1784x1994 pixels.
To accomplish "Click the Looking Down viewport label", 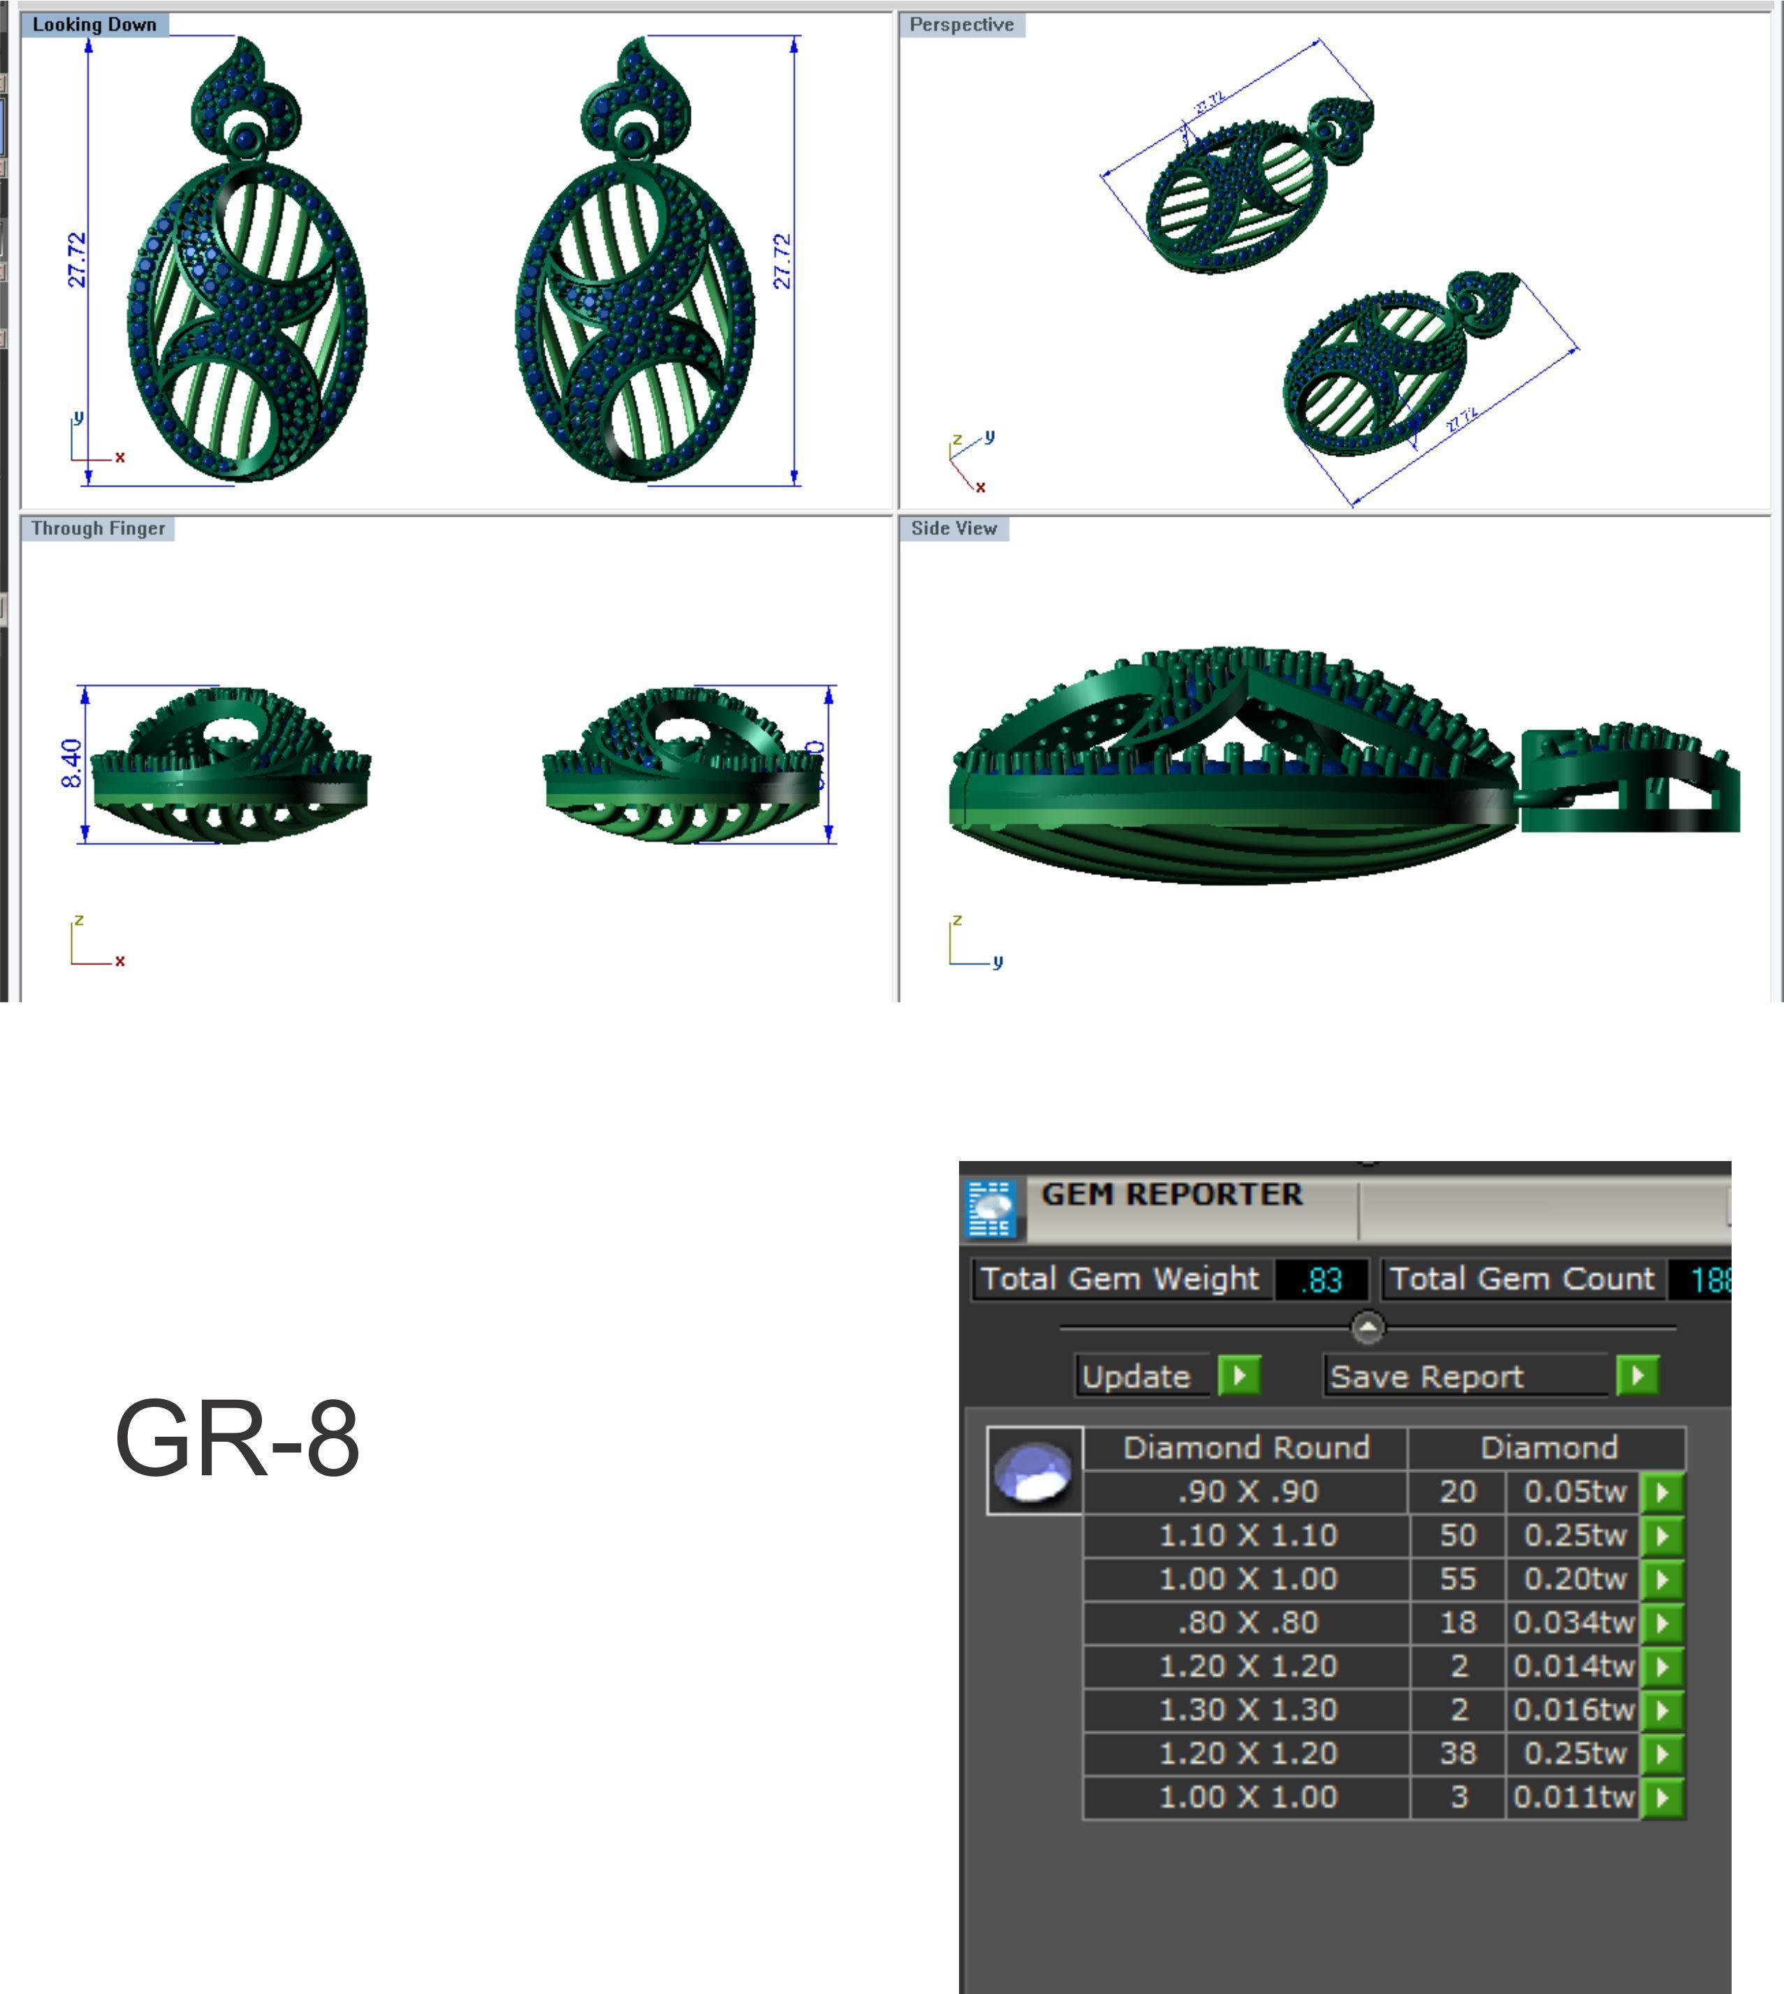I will [94, 24].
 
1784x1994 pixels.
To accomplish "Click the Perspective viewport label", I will [962, 24].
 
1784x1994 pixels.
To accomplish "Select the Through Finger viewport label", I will [97, 528].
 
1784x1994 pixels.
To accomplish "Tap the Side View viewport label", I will [953, 528].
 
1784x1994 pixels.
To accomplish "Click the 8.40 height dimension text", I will [71, 763].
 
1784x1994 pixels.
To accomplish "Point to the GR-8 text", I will [237, 1438].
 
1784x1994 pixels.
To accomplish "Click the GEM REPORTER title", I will [1171, 1195].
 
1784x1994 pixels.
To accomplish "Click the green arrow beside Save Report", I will [1637, 1375].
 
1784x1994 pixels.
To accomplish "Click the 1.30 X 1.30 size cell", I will [1247, 1709].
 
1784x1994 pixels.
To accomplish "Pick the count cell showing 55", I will [1458, 1579].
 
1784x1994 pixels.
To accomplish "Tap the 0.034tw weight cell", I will [1572, 1623].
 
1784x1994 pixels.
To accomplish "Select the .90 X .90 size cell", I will [1247, 1491].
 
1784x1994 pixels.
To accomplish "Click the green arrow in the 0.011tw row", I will [1662, 1797].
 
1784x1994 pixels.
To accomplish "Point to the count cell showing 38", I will [1458, 1753].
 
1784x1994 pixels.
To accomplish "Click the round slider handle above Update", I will [1368, 1328].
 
